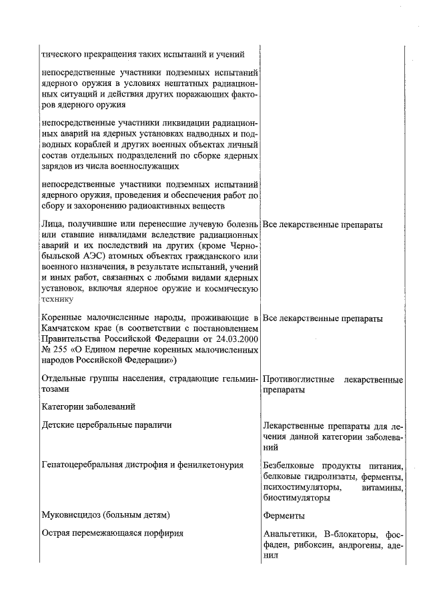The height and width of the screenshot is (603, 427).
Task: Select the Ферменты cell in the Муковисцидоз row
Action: pos(284,515)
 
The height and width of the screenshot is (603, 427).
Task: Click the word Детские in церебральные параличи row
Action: pos(57,424)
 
